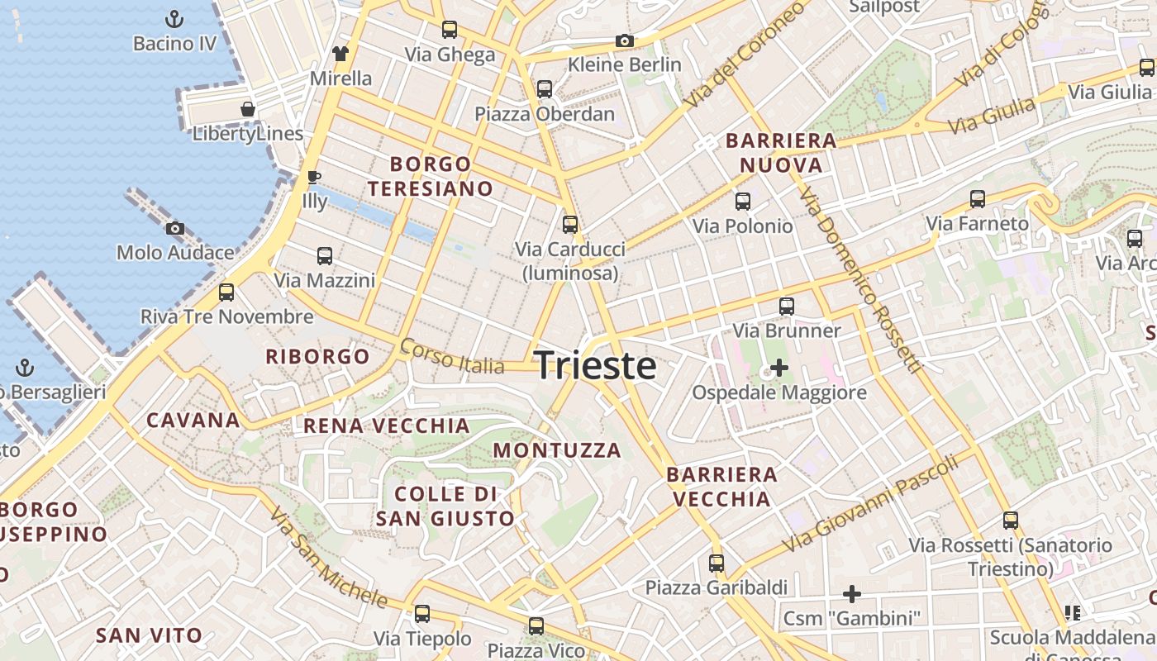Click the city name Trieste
596,365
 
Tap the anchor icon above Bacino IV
174,18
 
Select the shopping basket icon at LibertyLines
247,108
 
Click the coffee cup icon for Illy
314,176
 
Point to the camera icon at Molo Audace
174,228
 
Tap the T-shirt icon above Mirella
340,54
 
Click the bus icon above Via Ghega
450,30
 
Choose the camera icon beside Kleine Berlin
625,40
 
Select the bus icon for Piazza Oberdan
545,89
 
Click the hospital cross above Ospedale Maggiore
778,367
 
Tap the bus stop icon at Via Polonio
743,201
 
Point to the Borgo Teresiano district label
431,176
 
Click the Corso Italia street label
452,356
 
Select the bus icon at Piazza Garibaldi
717,564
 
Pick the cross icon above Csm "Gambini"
852,593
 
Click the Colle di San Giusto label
445,506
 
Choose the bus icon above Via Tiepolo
422,614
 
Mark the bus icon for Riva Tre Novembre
226,292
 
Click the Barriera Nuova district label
781,153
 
